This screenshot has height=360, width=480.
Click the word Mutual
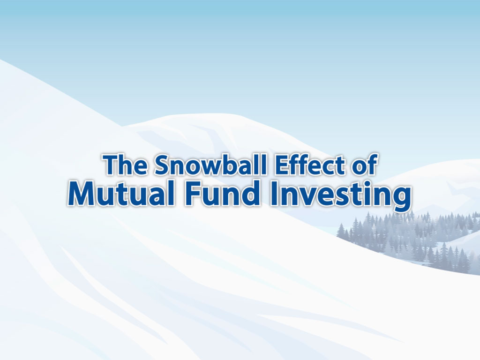[x=122, y=193]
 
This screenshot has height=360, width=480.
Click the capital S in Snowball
[x=162, y=165]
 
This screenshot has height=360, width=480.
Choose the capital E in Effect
[x=282, y=165]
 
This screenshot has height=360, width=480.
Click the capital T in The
[x=111, y=165]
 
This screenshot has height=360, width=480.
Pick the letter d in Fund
[x=252, y=193]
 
